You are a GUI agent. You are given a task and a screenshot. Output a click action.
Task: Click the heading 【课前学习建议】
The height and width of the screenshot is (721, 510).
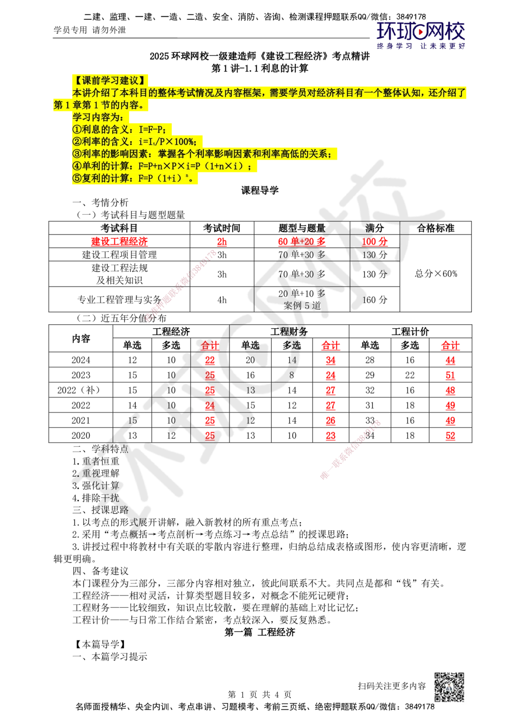pyautogui.click(x=110, y=80)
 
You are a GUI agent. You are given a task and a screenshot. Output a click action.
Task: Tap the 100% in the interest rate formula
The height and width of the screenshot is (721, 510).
pyautogui.click(x=188, y=142)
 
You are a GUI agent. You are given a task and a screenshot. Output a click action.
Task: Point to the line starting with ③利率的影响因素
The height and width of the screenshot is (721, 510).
pyautogui.click(x=204, y=154)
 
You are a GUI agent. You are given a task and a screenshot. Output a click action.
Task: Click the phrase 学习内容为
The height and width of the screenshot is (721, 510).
pyautogui.click(x=95, y=117)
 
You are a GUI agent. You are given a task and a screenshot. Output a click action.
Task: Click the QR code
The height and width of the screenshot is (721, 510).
pyautogui.click(x=448, y=687)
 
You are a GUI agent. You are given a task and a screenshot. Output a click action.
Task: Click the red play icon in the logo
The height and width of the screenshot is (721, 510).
pyautogui.click(x=421, y=33)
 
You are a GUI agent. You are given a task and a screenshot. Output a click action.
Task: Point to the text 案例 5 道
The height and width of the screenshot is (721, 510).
pyautogui.click(x=302, y=305)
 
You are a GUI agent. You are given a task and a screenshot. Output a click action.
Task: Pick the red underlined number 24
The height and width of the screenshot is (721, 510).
pyautogui.click(x=210, y=406)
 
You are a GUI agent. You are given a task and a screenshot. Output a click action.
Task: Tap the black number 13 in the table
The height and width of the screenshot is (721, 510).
pyautogui.click(x=250, y=391)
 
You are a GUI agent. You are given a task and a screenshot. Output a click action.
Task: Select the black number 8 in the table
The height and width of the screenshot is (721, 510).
pyautogui.click(x=292, y=376)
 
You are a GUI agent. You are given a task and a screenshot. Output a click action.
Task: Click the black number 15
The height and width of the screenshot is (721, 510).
pyautogui.click(x=133, y=421)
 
